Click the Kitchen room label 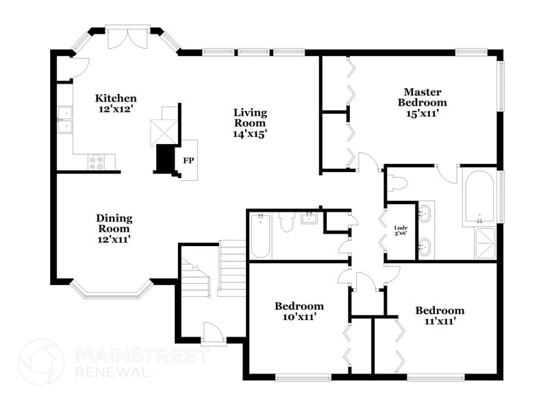coord(116,103)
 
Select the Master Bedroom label coord(422,103)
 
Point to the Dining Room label coord(114,229)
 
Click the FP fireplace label coord(188,161)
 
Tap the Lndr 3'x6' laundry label coord(401,231)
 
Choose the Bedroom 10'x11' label coord(299,312)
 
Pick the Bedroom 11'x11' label coord(440,315)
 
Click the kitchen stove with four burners coord(96,162)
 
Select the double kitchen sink coord(65,119)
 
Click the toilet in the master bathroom coord(398,183)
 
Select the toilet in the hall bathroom coord(287,221)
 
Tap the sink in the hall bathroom coord(308,219)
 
